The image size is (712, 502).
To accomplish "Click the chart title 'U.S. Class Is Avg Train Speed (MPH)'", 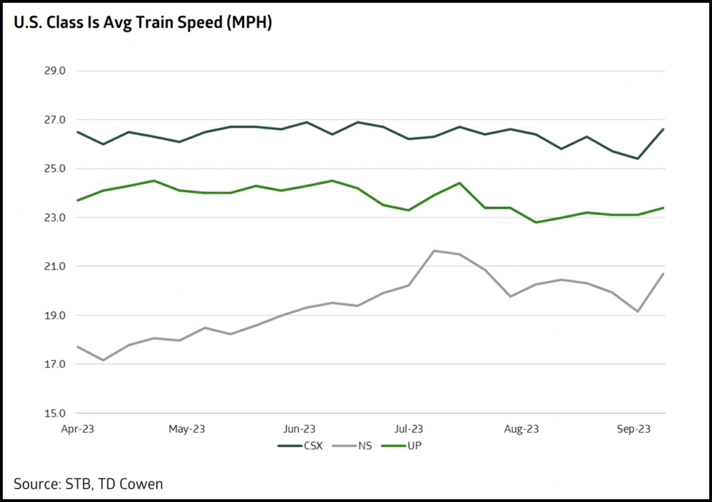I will point(142,23).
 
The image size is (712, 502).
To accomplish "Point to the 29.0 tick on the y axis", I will point(55,71).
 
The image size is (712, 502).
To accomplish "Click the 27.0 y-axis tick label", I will point(55,120).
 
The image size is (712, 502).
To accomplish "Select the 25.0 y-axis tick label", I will point(55,169).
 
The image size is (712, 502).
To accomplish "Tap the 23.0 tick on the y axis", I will point(55,218).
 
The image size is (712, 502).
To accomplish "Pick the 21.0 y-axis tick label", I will point(55,266).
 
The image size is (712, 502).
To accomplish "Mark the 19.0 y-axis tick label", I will point(55,316).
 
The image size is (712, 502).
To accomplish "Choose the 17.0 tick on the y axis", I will point(55,364).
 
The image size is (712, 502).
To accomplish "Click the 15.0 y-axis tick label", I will point(55,413).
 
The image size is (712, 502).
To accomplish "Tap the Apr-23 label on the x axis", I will point(77,429).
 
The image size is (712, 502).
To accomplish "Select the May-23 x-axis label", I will point(188,429).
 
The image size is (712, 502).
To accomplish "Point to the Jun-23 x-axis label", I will point(300,429).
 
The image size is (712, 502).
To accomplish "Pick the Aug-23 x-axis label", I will point(521,429).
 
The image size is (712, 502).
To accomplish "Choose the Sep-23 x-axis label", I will point(633,429).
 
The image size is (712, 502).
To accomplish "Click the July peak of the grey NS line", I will point(434,250).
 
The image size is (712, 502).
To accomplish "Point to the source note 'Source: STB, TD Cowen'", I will point(88,483).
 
